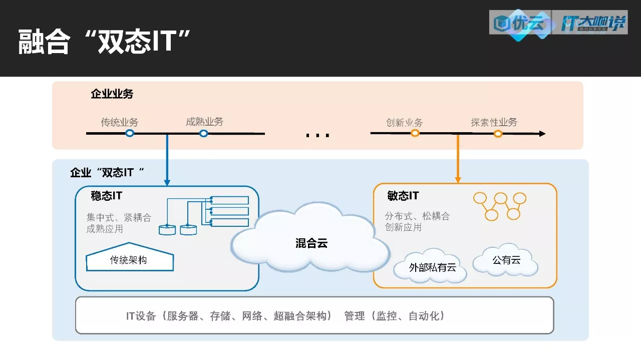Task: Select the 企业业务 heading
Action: (x=112, y=94)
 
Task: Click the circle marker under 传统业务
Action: (x=130, y=133)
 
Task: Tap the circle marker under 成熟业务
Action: (x=203, y=133)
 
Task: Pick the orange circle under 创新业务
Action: (x=415, y=133)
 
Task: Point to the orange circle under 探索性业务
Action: (x=498, y=133)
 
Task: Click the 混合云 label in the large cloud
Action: (x=311, y=244)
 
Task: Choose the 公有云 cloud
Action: (x=506, y=260)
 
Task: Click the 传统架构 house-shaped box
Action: (x=129, y=260)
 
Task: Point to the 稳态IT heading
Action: (x=106, y=196)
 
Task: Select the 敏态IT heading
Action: (x=403, y=196)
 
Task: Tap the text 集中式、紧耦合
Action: (x=119, y=218)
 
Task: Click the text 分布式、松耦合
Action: (x=417, y=216)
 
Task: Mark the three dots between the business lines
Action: (x=317, y=135)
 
